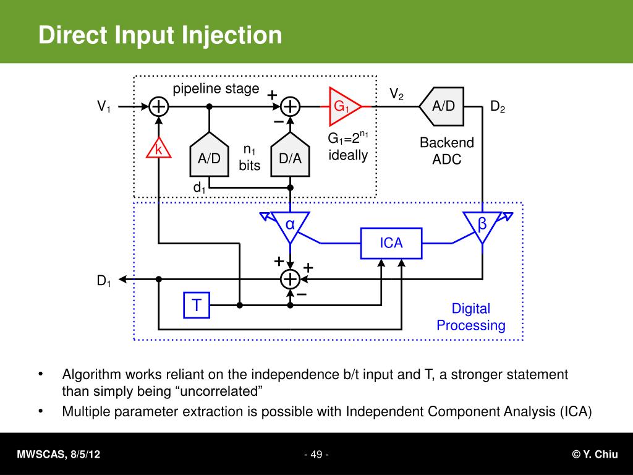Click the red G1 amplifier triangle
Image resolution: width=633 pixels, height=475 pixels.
pos(342,107)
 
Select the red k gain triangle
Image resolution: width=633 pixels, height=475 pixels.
pos(158,149)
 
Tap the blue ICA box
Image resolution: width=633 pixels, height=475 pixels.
pos(391,243)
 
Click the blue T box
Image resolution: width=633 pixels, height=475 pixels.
pos(197,305)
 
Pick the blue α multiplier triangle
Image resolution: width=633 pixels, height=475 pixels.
pos(290,224)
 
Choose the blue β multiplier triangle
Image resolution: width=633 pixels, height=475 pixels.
pos(482,225)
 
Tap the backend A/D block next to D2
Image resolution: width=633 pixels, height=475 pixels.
pos(443,106)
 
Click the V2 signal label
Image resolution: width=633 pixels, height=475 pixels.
pos(396,95)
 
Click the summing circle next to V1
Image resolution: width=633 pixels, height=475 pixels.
pos(159,107)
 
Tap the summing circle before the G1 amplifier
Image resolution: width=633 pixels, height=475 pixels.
pos(290,107)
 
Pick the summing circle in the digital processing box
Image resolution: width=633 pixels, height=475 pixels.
pos(290,280)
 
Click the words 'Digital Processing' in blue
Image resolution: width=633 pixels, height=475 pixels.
pos(470,317)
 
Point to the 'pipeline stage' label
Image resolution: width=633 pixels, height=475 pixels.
pos(216,89)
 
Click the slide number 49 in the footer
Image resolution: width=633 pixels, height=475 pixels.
pos(316,455)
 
